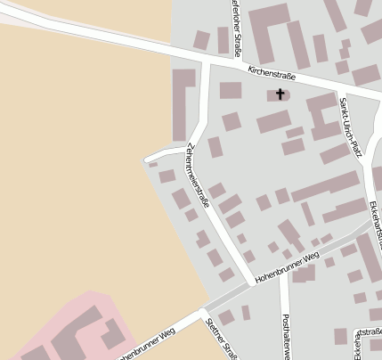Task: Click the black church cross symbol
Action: coord(280,93)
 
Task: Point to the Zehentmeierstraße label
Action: coord(199,176)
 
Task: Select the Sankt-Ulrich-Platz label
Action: coord(351,127)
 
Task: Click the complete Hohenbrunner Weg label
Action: coord(286,267)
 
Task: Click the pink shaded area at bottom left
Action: coord(53,330)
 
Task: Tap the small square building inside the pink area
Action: coord(112,337)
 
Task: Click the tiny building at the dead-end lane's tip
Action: coord(152,165)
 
